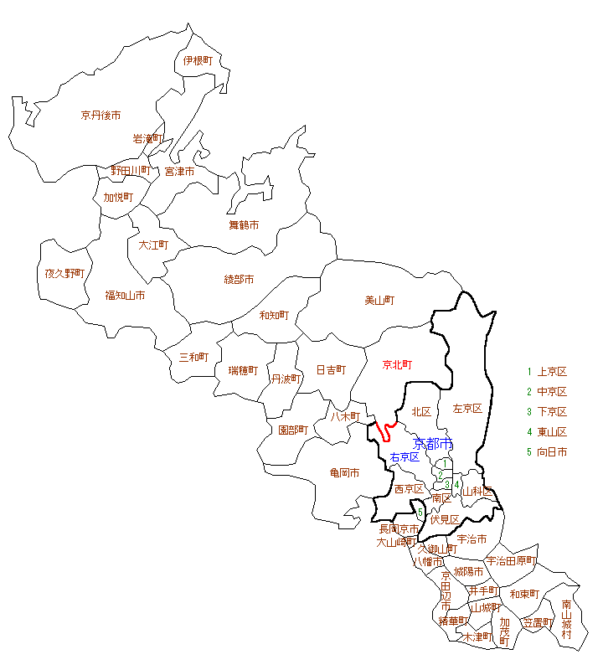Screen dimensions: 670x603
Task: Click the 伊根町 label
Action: (198, 60)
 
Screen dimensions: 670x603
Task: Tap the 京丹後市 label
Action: (101, 115)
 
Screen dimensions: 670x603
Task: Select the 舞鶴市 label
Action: (244, 224)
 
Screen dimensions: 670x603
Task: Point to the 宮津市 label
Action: (179, 171)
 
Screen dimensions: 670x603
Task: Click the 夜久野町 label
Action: (64, 273)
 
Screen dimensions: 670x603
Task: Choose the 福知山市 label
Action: (125, 295)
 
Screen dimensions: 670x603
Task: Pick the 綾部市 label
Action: (239, 279)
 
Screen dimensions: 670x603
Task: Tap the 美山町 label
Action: (379, 300)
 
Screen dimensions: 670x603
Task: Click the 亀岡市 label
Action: (343, 472)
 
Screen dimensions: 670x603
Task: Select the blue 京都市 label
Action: (433, 443)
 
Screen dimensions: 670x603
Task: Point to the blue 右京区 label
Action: (405, 457)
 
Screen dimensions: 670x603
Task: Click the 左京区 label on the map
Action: (467, 409)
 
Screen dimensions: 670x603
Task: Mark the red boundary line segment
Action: (384, 430)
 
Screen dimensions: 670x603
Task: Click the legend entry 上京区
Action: (552, 372)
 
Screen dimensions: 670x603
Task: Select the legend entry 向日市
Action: (552, 452)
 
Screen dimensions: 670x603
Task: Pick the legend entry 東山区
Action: (552, 432)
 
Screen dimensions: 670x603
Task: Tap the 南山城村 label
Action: (567, 619)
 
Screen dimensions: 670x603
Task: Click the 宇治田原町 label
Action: (510, 560)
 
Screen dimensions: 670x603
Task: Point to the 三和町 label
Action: (193, 357)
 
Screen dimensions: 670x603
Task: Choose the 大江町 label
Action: (153, 245)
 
